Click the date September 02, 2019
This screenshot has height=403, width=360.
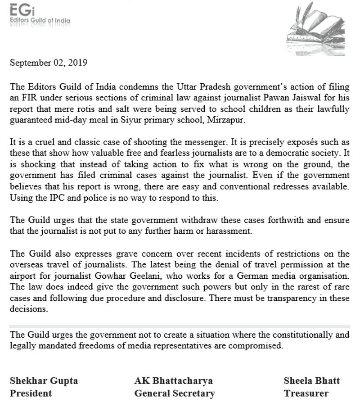[x=49, y=63]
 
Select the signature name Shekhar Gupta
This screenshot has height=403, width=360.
[x=44, y=380]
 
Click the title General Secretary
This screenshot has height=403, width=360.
[x=175, y=393]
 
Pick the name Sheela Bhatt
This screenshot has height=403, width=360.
[x=311, y=380]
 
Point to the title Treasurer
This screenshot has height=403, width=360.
[x=306, y=393]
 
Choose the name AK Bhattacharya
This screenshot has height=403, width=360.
[x=174, y=380]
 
